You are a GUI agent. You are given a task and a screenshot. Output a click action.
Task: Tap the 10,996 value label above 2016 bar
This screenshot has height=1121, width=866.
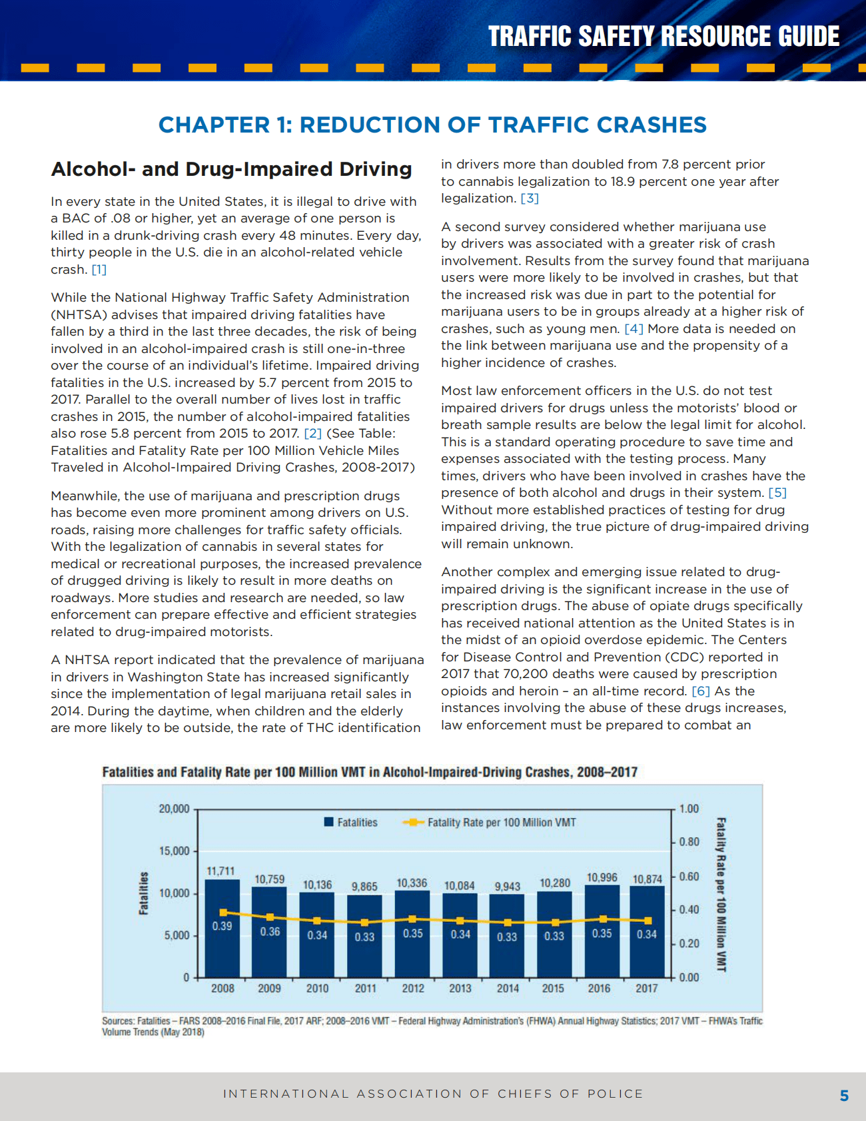[x=602, y=877]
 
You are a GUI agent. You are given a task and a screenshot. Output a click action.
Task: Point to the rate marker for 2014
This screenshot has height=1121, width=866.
[x=508, y=923]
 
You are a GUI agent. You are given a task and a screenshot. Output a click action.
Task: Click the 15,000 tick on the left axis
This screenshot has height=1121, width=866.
[x=174, y=851]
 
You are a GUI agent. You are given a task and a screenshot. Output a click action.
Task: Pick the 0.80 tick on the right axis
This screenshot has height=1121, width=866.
[x=689, y=842]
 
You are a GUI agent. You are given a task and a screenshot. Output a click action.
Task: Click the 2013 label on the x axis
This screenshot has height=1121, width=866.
[x=460, y=988]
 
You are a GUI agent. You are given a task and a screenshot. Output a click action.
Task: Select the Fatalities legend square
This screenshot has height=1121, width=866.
[x=328, y=822]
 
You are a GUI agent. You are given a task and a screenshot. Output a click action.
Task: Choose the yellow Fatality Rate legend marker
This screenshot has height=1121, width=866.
[x=413, y=822]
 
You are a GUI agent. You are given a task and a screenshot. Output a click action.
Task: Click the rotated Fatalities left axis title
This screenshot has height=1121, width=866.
[x=143, y=893]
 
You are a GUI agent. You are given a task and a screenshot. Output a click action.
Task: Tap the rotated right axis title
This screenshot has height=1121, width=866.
[x=721, y=894]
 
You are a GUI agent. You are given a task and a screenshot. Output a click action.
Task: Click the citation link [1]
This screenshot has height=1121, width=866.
[x=99, y=269]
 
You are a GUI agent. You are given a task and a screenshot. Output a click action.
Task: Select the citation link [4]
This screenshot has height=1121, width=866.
[x=634, y=328]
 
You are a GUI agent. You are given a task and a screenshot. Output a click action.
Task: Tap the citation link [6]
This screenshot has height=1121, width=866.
[x=701, y=691]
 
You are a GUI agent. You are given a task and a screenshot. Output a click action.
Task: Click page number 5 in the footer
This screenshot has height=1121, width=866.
[x=844, y=1096]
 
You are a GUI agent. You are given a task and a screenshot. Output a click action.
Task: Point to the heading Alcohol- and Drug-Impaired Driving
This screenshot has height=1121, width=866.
[x=231, y=169]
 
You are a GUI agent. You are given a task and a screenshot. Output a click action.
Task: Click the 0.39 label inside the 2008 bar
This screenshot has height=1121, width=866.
[x=222, y=926]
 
